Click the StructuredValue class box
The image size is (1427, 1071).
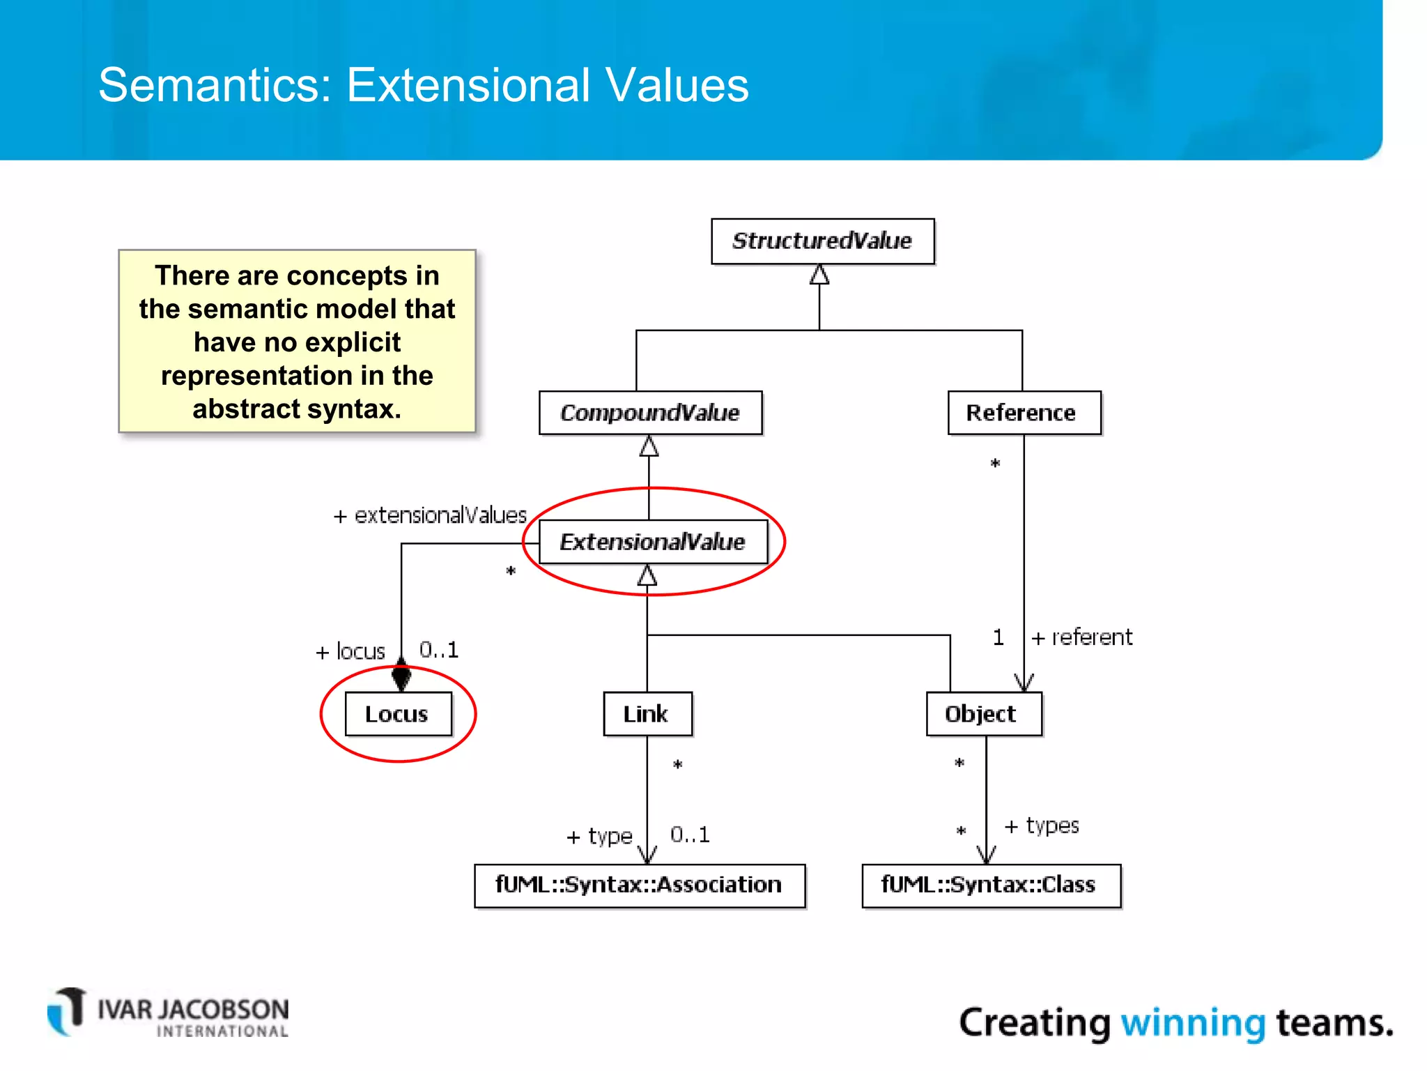tap(822, 241)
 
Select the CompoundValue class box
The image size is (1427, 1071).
tap(650, 413)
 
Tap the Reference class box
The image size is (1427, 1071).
tap(1024, 413)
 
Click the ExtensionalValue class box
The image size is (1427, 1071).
tap(653, 542)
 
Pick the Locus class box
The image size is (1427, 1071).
tap(398, 714)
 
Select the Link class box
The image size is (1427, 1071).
tap(647, 714)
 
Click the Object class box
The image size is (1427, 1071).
tap(983, 714)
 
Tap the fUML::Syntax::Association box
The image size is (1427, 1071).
tap(639, 886)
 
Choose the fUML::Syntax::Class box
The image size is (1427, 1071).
tap(990, 886)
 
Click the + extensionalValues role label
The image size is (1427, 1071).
tap(430, 515)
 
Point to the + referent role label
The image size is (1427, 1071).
tap(1082, 637)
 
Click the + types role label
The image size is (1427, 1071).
tap(1042, 826)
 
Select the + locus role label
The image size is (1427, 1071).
tap(350, 651)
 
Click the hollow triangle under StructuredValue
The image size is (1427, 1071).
tap(819, 275)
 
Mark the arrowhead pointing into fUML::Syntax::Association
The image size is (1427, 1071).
tap(647, 855)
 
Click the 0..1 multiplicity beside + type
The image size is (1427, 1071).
tap(690, 835)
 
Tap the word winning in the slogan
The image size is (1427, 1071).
tap(1192, 1023)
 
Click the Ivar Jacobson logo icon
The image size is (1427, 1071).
tap(68, 1012)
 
